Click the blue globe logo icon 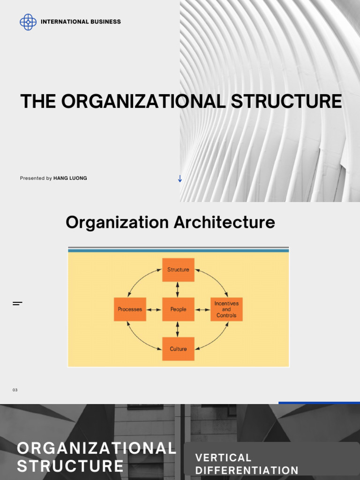click(x=28, y=22)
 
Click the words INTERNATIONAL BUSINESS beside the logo click(x=81, y=22)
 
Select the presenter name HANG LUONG click(x=70, y=178)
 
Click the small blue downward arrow click(x=180, y=178)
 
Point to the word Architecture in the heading click(x=224, y=222)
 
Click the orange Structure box click(x=178, y=270)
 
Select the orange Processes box click(x=130, y=309)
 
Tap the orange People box click(x=178, y=309)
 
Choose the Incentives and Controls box click(x=226, y=309)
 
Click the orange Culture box click(x=178, y=349)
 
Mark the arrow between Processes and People click(x=154, y=309)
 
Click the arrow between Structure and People click(x=178, y=289)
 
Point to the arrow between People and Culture click(x=178, y=329)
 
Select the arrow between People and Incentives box click(x=202, y=309)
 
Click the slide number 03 click(x=15, y=390)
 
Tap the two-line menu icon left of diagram click(x=17, y=304)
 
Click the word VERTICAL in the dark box click(x=223, y=457)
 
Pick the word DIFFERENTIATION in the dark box click(x=247, y=470)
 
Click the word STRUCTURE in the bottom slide click(x=70, y=466)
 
